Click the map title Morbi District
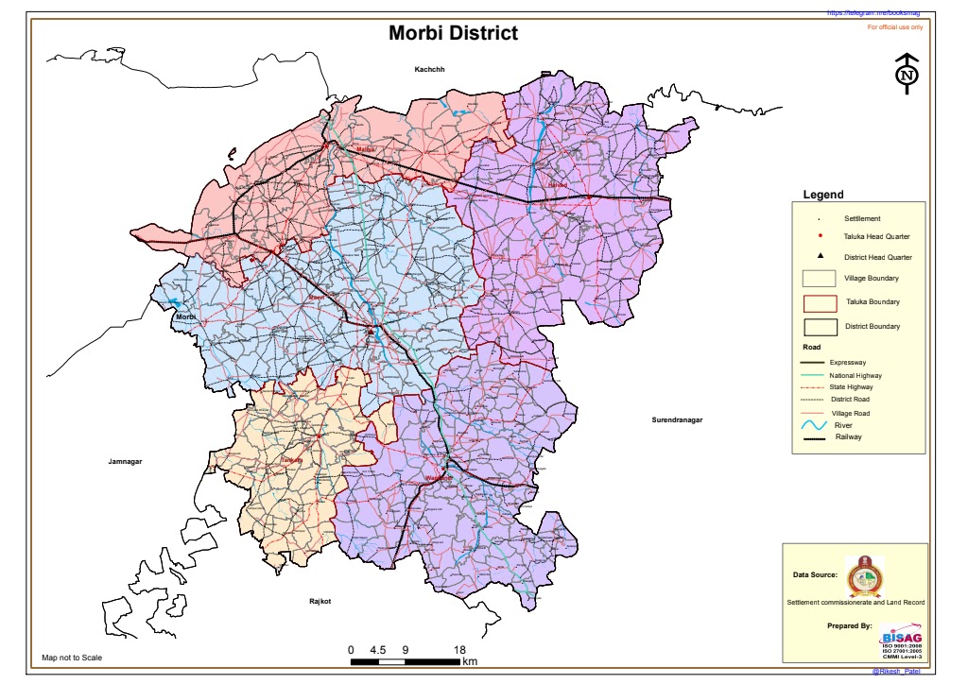(x=454, y=34)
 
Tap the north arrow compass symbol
(x=907, y=74)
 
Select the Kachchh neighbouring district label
(x=429, y=70)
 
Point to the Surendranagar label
(x=680, y=419)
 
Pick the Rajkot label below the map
(x=322, y=601)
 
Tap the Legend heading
(x=822, y=195)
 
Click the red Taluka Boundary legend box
(x=819, y=302)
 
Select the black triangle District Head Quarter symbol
(x=820, y=257)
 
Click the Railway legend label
(x=848, y=436)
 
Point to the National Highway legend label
(x=856, y=375)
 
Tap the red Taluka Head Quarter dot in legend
(x=820, y=235)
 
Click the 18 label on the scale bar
(x=459, y=650)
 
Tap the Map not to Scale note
(x=72, y=658)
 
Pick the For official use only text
(x=894, y=27)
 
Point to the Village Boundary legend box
(x=819, y=278)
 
